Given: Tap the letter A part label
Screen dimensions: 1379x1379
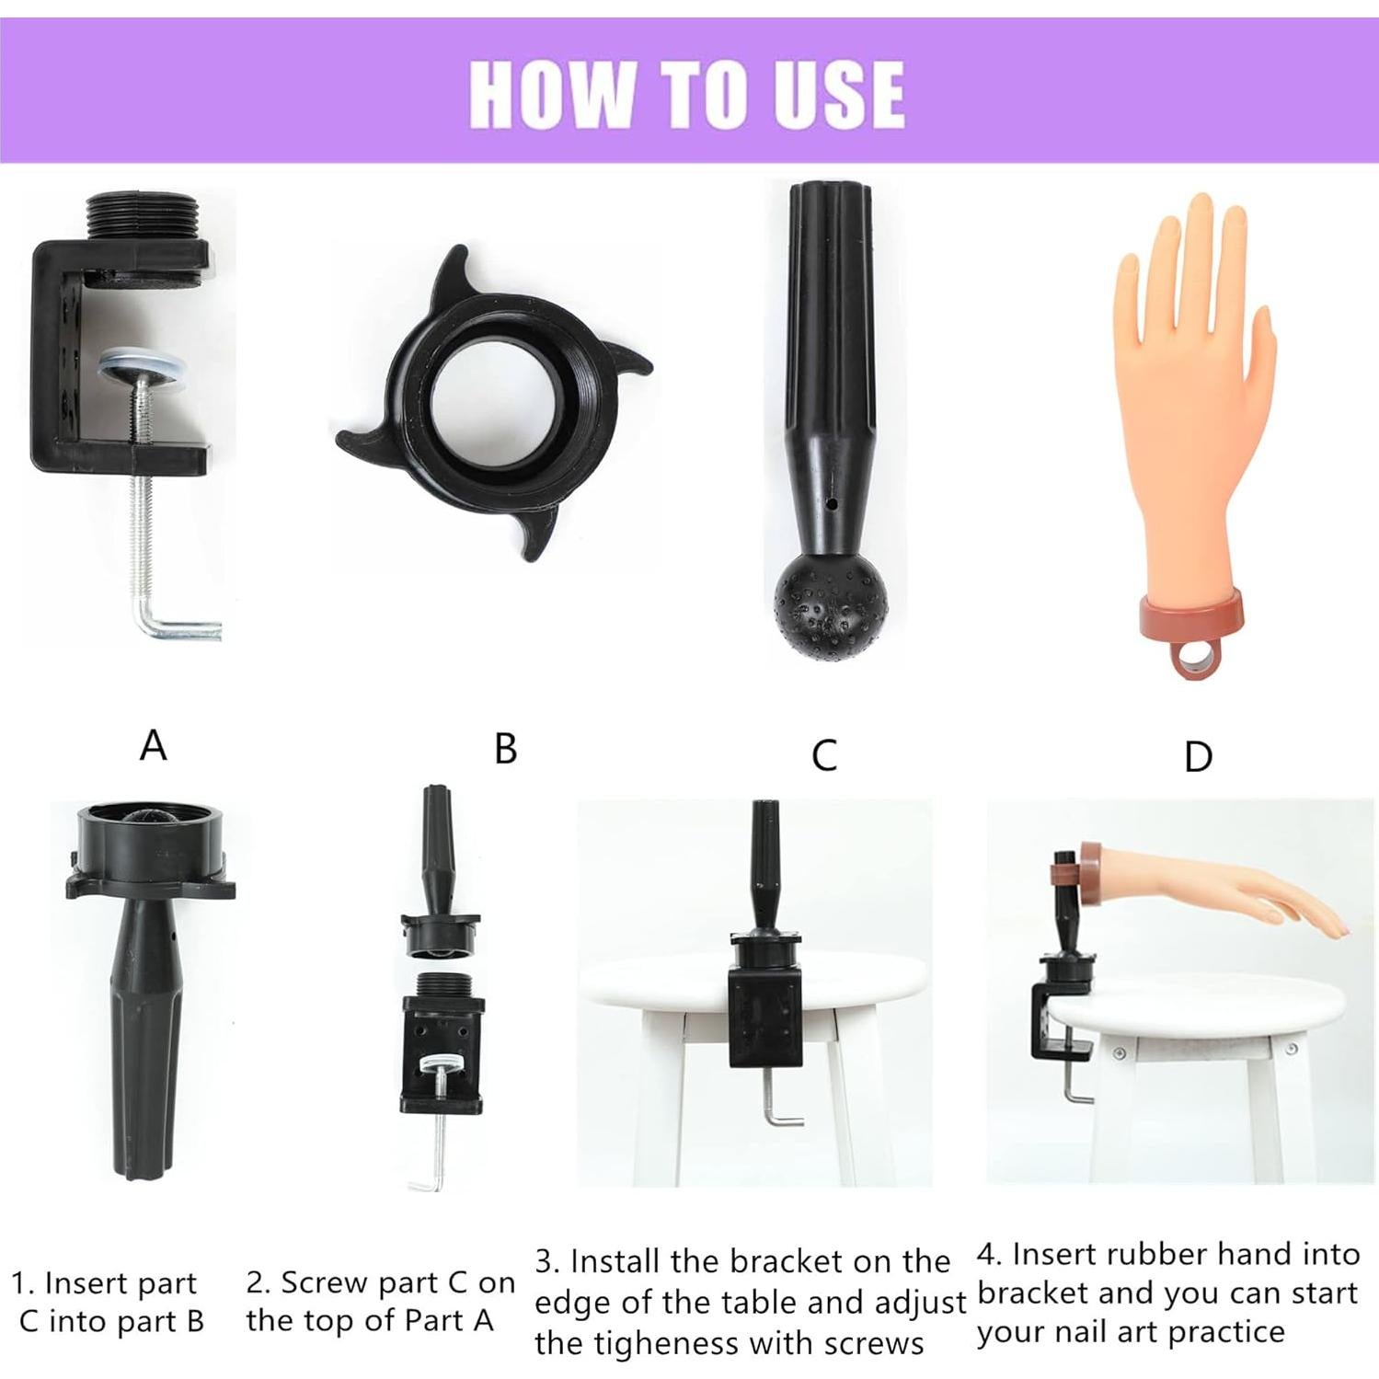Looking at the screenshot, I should coord(153,745).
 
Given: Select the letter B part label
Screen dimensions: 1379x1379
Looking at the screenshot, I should coord(505,749).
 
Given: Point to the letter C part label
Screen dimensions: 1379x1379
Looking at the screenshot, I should coord(824,755).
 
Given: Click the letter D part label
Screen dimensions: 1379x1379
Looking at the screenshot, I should coord(1197,757).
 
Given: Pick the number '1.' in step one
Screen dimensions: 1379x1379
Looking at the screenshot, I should coord(23,1282).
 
